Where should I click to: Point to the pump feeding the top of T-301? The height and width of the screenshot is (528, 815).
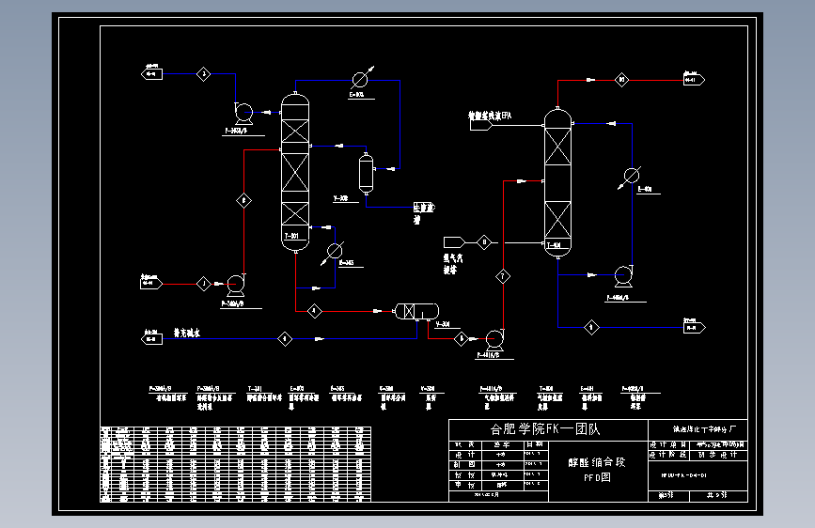click(x=243, y=112)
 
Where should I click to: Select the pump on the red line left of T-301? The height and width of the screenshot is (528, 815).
click(x=234, y=282)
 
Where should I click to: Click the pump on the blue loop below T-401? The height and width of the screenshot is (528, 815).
click(x=621, y=276)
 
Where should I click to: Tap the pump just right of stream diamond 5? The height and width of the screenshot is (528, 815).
click(x=493, y=337)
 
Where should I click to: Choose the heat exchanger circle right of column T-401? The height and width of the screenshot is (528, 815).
click(x=632, y=175)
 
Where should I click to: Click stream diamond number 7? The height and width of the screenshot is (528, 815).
click(x=503, y=276)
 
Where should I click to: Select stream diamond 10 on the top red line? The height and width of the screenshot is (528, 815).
click(x=621, y=81)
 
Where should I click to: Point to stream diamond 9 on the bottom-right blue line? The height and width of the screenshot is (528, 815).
click(x=591, y=327)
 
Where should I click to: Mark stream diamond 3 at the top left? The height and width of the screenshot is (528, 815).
click(x=203, y=74)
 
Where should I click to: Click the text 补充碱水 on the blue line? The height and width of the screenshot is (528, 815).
click(x=187, y=333)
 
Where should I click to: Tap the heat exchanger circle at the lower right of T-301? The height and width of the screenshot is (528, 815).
click(x=335, y=249)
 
